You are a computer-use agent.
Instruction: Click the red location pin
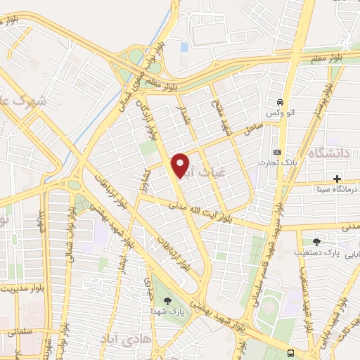click(181, 165)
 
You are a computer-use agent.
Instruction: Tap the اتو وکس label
click(276, 113)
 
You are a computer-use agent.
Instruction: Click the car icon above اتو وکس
click(280, 102)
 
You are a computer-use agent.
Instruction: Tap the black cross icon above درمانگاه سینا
click(338, 179)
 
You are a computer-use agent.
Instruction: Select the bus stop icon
click(291, 353)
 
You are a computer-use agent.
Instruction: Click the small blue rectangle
click(184, 47)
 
